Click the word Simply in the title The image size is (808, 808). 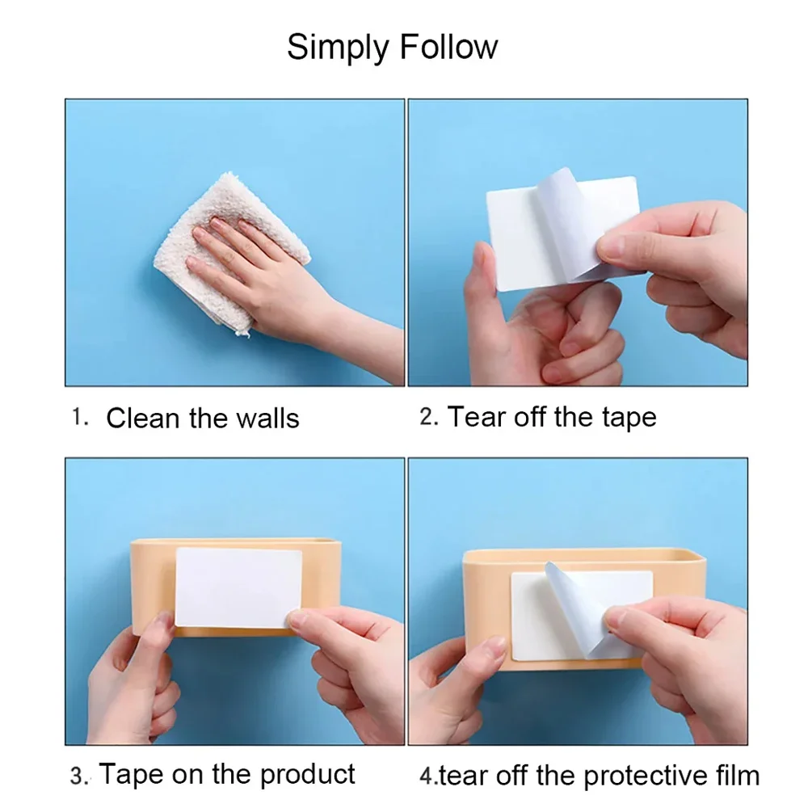click(x=338, y=48)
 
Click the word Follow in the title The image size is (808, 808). click(x=448, y=47)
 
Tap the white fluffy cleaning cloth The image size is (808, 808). click(x=232, y=252)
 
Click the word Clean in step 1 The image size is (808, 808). click(x=142, y=418)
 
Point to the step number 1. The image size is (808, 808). click(x=79, y=417)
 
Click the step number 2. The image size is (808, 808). click(x=429, y=417)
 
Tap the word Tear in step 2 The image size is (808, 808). click(x=476, y=416)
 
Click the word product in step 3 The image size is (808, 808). click(x=307, y=775)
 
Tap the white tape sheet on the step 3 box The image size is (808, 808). click(x=238, y=587)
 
